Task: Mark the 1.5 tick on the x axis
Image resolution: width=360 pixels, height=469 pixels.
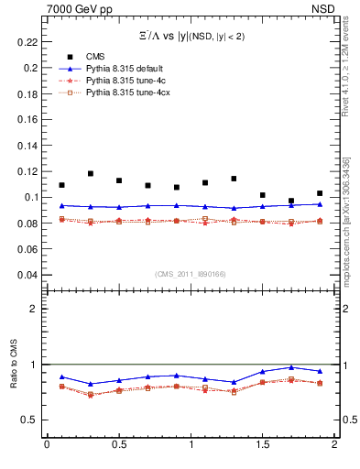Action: coord(263,444)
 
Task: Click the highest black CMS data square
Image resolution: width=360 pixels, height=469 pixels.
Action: coord(90,173)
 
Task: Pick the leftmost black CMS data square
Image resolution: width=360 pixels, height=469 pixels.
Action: coord(61,185)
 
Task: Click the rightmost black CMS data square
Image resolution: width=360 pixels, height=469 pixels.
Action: coord(320,193)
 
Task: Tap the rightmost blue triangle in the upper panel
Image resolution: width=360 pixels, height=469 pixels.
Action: coord(320,204)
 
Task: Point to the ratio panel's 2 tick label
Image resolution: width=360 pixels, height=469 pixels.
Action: coord(33,309)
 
